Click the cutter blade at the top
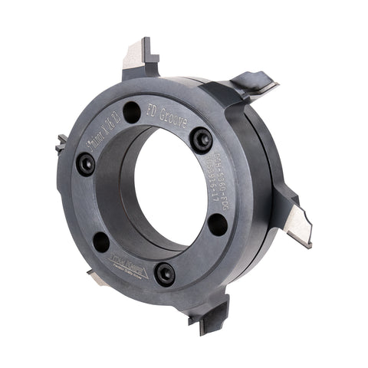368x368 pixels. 138,57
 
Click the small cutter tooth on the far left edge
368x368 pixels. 61,142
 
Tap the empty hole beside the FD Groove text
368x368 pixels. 132,112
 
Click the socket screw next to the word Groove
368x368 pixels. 203,140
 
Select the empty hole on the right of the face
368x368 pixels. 217,225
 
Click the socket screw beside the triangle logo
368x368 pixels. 163,272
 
